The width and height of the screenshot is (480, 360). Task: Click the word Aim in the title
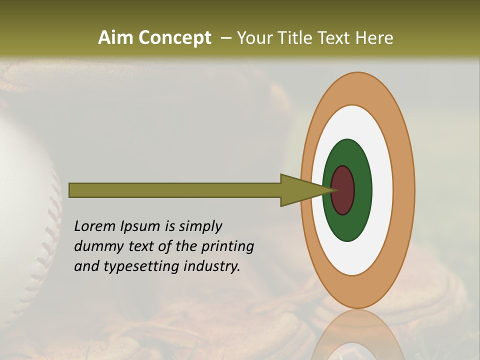115,38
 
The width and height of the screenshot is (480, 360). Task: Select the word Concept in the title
174,38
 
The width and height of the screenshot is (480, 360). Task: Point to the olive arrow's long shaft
175,190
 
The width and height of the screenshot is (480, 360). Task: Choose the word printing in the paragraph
227,246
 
